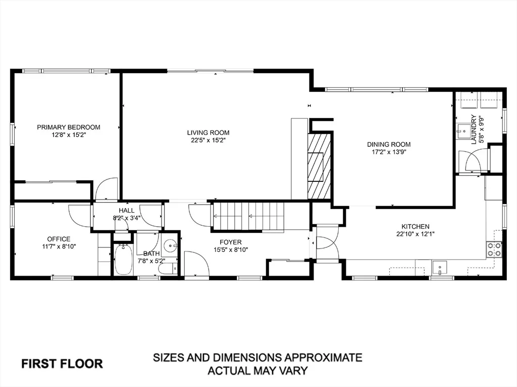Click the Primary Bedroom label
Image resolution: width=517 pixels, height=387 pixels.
(69, 127)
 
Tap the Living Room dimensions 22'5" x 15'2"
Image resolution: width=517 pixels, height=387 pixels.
(208, 141)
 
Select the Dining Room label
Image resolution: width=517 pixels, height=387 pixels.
(389, 144)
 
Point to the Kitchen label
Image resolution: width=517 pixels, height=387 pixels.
(416, 226)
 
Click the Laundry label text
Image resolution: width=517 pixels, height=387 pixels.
(474, 130)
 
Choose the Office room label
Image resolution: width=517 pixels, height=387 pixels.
(59, 239)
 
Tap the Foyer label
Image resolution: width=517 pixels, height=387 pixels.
(231, 242)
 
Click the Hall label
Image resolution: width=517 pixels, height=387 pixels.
(127, 210)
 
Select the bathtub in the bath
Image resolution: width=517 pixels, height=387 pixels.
(123, 260)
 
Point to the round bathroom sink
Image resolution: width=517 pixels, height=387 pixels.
(171, 245)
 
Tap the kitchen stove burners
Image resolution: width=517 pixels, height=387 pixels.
(494, 249)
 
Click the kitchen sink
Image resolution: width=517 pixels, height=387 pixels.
(440, 267)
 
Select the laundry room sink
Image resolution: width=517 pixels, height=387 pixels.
(463, 131)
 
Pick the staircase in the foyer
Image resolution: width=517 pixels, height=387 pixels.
(248, 216)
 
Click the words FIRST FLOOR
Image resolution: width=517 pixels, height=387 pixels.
(62, 364)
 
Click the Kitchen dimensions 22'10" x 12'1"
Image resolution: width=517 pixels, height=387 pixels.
(416, 234)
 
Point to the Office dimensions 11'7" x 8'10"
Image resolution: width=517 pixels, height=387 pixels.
(59, 246)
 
